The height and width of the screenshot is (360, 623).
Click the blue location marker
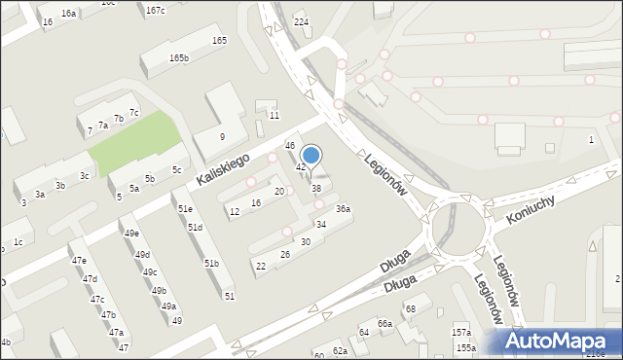coord(311,155)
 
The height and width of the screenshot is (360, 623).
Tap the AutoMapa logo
coord(560,341)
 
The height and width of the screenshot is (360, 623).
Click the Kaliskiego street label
coord(224,168)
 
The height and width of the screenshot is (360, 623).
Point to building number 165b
coord(178,58)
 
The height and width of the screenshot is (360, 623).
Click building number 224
coord(301,22)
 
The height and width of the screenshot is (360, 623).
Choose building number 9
coord(222,136)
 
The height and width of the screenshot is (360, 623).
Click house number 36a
coord(343,209)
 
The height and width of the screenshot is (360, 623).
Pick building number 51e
coord(185,209)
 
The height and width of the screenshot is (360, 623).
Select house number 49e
coord(130,234)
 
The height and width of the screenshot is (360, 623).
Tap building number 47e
coord(79,261)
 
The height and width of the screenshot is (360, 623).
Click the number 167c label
coord(155,11)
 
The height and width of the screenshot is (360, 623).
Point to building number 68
coord(411,308)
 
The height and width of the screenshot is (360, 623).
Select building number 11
coord(275,116)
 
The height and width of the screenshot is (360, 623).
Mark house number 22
coord(260,267)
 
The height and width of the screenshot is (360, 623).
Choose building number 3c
coord(85,176)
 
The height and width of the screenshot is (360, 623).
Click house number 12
coord(235,211)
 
